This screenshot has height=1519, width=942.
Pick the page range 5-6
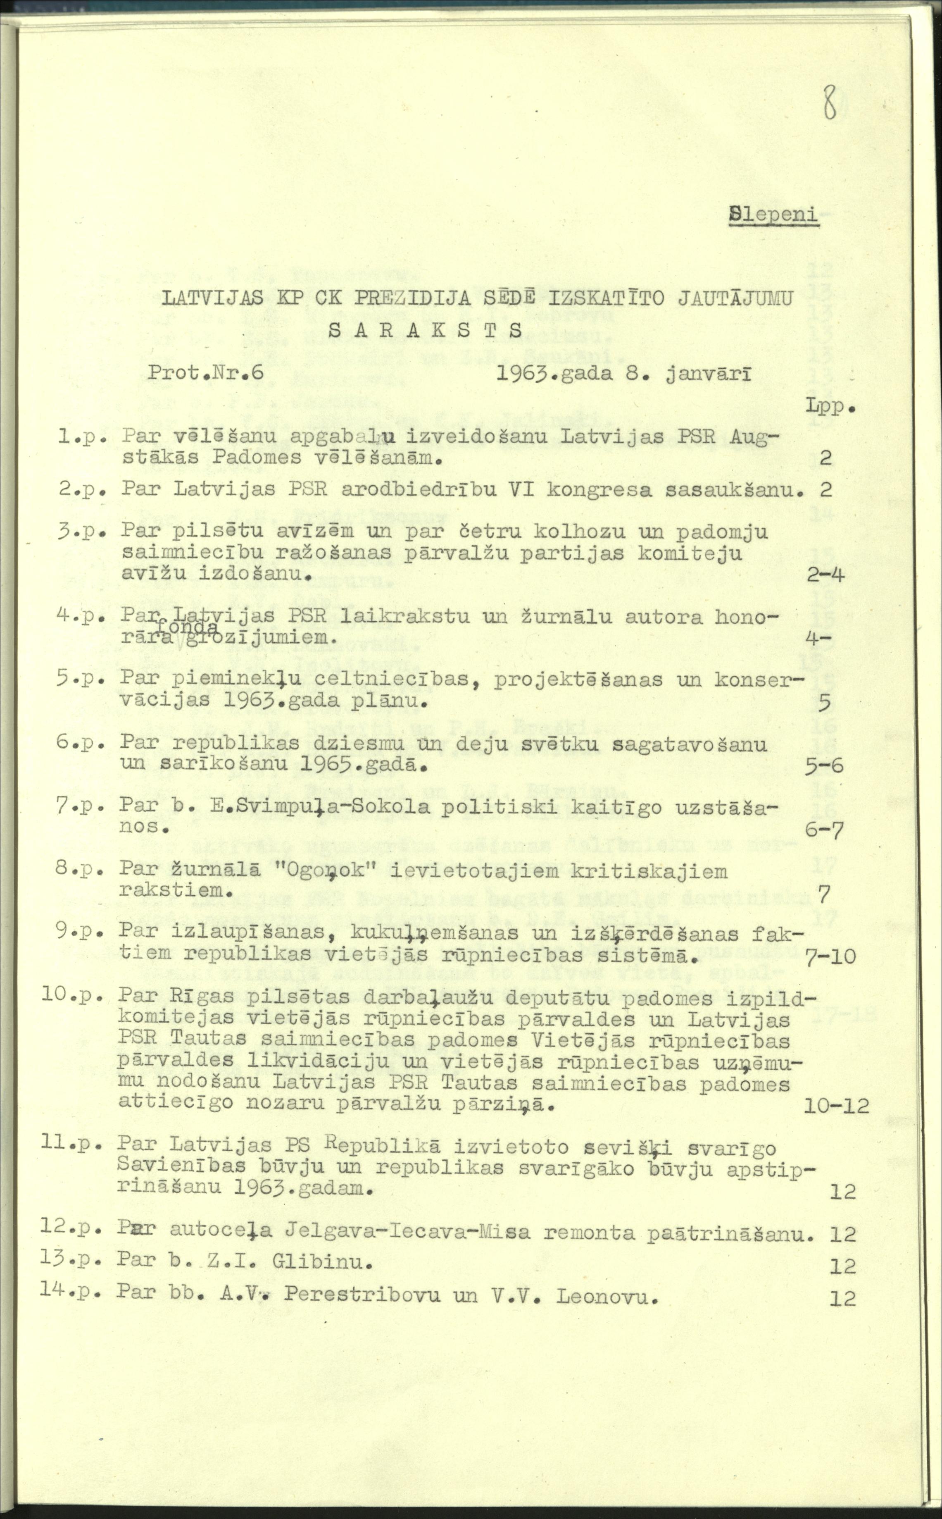823,765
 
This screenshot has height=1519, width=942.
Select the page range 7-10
830,956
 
